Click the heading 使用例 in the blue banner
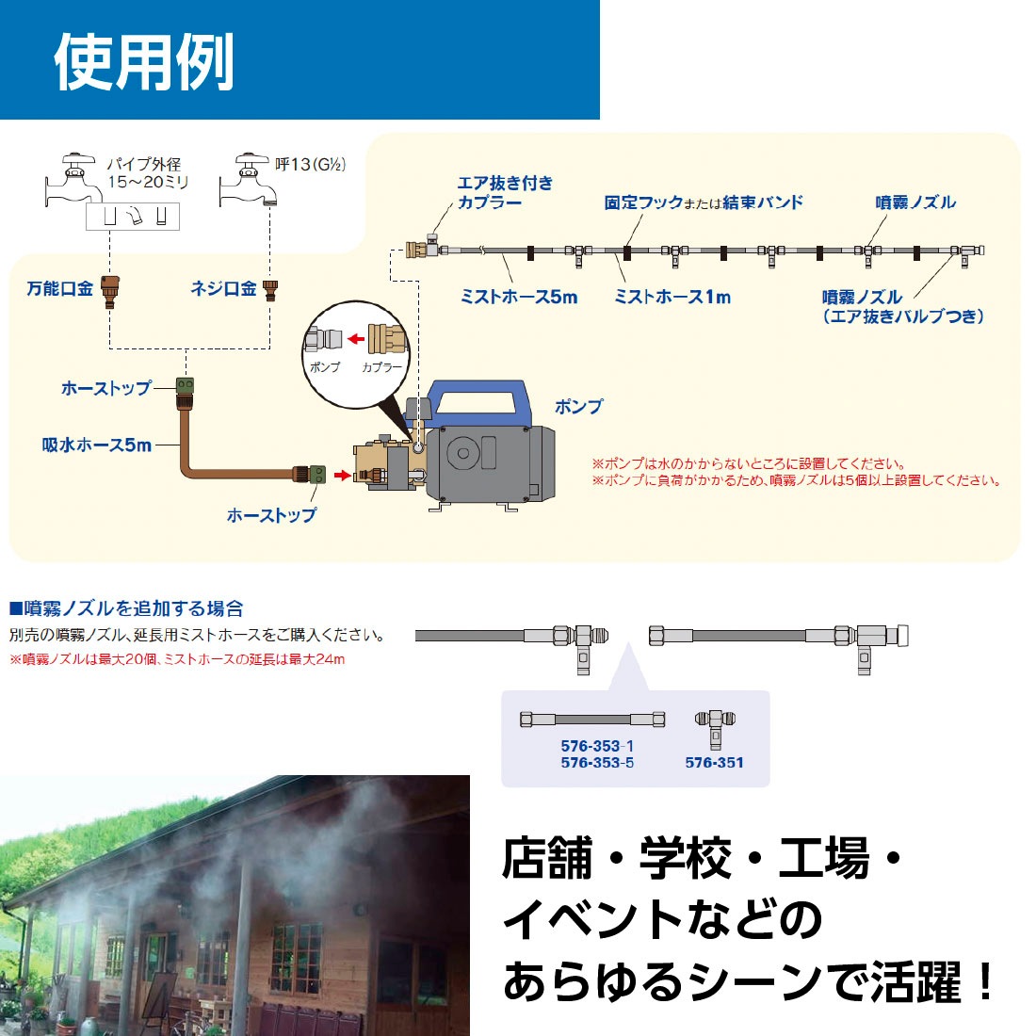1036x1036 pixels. tap(143, 62)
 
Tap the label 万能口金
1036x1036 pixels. tap(59, 289)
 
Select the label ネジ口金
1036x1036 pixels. tap(223, 289)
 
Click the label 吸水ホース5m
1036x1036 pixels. tap(97, 445)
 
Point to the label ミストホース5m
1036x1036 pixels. tap(519, 297)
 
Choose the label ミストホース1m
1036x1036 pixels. tap(672, 297)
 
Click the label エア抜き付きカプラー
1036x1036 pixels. tap(505, 192)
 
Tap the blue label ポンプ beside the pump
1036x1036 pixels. tap(577, 407)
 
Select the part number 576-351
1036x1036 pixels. tap(714, 763)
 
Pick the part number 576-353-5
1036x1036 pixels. tap(597, 763)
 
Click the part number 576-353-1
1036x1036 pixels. tap(597, 746)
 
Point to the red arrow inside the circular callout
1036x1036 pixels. tap(354, 339)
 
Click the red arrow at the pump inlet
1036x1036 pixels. tap(342, 475)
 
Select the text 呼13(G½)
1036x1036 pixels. tap(310, 165)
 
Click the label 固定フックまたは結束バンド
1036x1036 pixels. tap(704, 202)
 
